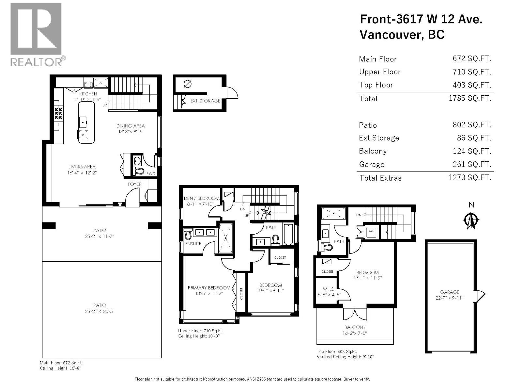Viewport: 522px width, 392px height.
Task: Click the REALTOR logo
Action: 36,34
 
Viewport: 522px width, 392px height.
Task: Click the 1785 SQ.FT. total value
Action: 470,98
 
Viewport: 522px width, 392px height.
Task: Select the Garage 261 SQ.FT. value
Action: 472,164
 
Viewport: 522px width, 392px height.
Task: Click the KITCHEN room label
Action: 88,94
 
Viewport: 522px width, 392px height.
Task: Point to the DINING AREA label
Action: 130,126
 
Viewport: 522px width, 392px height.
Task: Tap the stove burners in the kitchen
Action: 59,113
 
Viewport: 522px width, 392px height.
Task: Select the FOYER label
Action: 135,184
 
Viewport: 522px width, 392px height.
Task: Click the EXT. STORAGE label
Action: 205,101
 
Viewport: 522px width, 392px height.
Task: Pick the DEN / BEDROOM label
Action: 202,198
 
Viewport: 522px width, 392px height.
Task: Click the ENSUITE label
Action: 193,244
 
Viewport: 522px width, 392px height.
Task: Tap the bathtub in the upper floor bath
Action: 288,234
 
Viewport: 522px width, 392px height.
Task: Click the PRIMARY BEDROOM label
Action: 209,288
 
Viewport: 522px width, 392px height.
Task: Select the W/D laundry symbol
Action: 371,231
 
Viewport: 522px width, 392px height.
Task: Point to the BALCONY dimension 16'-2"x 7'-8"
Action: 355,333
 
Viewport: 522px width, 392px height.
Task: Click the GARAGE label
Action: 449,292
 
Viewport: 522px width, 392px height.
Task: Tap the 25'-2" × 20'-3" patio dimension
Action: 100,311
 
